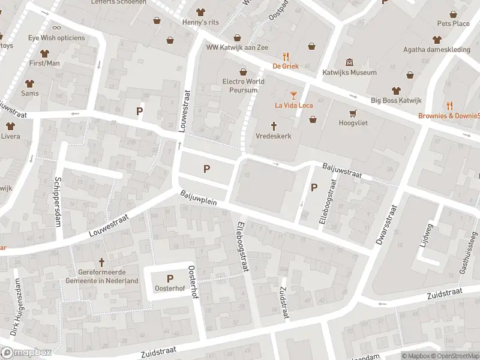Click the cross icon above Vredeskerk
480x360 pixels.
click(x=274, y=126)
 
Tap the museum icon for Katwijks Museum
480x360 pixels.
click(x=350, y=62)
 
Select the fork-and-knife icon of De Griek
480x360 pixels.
click(x=286, y=56)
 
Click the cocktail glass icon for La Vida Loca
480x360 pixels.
click(x=293, y=95)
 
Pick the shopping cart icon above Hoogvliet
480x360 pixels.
click(x=353, y=112)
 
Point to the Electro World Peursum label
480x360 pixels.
click(x=243, y=86)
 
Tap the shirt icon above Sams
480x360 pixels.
click(x=29, y=83)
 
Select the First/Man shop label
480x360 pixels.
click(x=44, y=63)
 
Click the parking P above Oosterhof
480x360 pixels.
click(x=170, y=278)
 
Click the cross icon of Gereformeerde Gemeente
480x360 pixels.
click(x=101, y=262)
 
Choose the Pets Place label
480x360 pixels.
click(x=453, y=23)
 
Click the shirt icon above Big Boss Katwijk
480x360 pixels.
click(x=395, y=90)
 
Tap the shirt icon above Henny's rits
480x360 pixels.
click(x=200, y=12)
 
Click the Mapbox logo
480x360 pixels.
click(x=26, y=353)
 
